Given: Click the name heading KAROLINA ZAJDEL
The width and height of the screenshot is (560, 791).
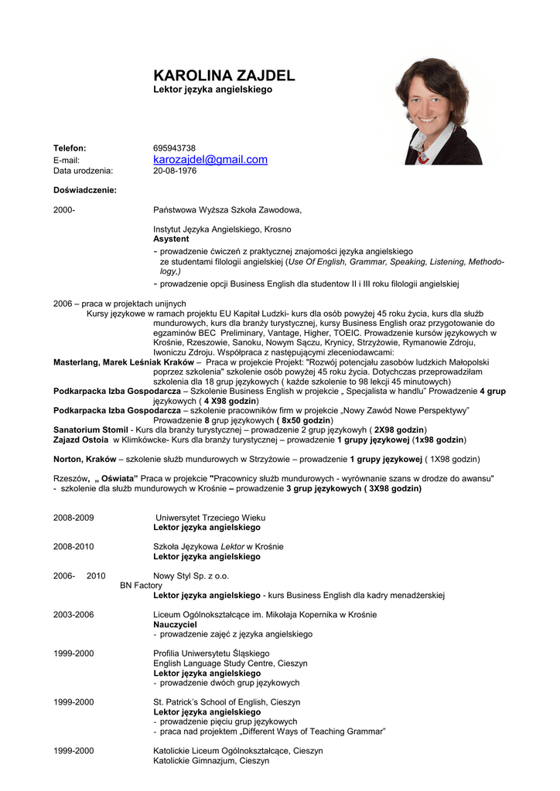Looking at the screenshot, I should (x=224, y=75).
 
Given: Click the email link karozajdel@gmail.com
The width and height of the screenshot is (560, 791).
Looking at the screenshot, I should (x=210, y=160).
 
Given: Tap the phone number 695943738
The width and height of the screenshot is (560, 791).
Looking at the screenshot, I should (x=174, y=148).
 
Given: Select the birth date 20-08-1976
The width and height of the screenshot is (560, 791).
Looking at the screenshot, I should (x=175, y=171).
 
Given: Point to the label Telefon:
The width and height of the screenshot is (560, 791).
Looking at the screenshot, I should (x=70, y=148).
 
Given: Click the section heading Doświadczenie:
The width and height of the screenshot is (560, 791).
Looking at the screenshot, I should (x=84, y=190).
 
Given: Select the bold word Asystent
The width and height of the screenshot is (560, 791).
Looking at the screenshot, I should (x=171, y=239).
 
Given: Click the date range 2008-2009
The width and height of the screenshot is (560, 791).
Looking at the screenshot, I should (x=73, y=518).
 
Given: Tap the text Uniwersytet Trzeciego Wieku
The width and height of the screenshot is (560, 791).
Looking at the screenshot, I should (x=210, y=518).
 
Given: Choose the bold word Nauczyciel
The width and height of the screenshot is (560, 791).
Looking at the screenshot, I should (x=176, y=624).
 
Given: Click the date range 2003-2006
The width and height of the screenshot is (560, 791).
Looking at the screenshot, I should (x=73, y=615).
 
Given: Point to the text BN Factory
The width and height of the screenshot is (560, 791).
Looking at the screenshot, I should (x=141, y=586).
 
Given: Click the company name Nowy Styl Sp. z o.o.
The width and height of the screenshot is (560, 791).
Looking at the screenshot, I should (x=191, y=576).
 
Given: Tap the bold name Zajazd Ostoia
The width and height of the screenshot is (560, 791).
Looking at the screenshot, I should (x=80, y=440).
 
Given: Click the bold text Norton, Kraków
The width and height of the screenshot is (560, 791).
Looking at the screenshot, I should (x=84, y=459).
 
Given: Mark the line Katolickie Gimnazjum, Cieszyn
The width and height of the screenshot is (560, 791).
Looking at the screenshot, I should (x=211, y=761).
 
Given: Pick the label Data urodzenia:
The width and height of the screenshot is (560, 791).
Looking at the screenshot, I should (x=83, y=171).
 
